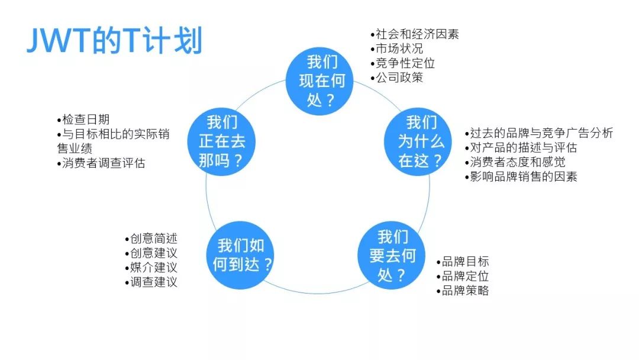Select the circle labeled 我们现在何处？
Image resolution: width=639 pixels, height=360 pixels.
pos(319,81)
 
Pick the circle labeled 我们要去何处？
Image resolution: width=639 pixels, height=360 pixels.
pos(392,256)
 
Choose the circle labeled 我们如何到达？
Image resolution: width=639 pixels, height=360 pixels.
pos(240,255)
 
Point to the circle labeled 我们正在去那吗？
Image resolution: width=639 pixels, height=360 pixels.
pos(221,142)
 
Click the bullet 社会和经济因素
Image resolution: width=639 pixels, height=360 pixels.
pos(414,34)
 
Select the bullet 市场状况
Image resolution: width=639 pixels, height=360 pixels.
pos(396,49)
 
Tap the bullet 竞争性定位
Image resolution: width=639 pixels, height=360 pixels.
pos(403,63)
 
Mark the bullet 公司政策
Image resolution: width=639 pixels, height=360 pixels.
pos(396,78)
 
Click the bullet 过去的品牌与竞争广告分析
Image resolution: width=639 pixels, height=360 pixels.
pos(539,133)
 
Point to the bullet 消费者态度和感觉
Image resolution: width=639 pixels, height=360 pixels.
pos(515,162)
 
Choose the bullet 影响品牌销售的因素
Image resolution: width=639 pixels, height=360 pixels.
pos(521,176)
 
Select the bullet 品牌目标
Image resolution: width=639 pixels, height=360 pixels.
pos(463,261)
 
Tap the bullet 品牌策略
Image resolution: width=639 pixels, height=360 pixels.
pos(463,290)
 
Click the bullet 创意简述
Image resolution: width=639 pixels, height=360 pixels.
pos(151,239)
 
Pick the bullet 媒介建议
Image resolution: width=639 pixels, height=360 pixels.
pos(151,268)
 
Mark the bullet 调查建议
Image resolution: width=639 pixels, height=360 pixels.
pos(151,282)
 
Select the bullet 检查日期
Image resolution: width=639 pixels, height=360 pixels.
pos(83,120)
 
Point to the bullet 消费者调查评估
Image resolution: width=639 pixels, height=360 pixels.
pos(101,163)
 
